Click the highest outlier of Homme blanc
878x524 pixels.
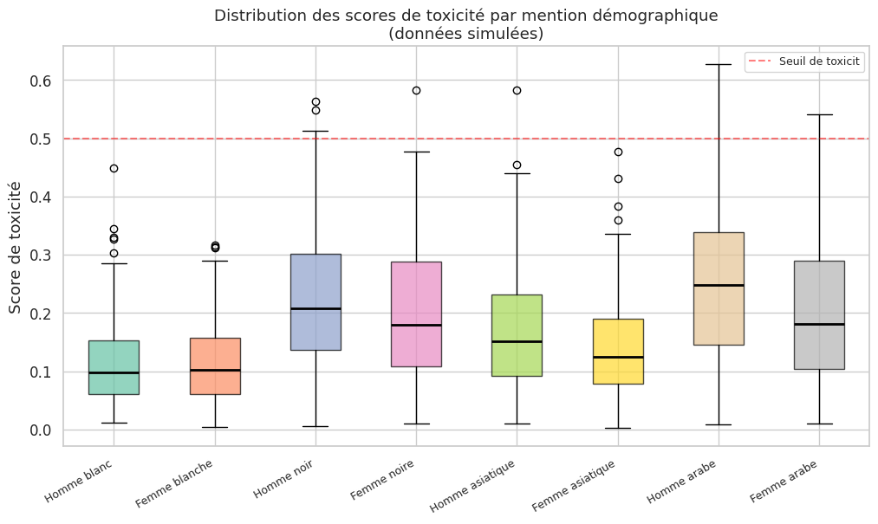tap(114, 168)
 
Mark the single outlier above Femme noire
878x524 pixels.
tap(416, 90)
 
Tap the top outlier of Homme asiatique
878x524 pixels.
tap(517, 90)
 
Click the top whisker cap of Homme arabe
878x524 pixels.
tap(719, 64)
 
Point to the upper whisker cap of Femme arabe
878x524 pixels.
tap(819, 114)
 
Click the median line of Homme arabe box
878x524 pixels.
tap(719, 285)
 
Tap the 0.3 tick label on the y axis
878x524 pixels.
tap(42, 256)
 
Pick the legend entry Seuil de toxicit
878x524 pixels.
tap(817, 61)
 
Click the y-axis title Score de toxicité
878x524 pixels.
tap(16, 247)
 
